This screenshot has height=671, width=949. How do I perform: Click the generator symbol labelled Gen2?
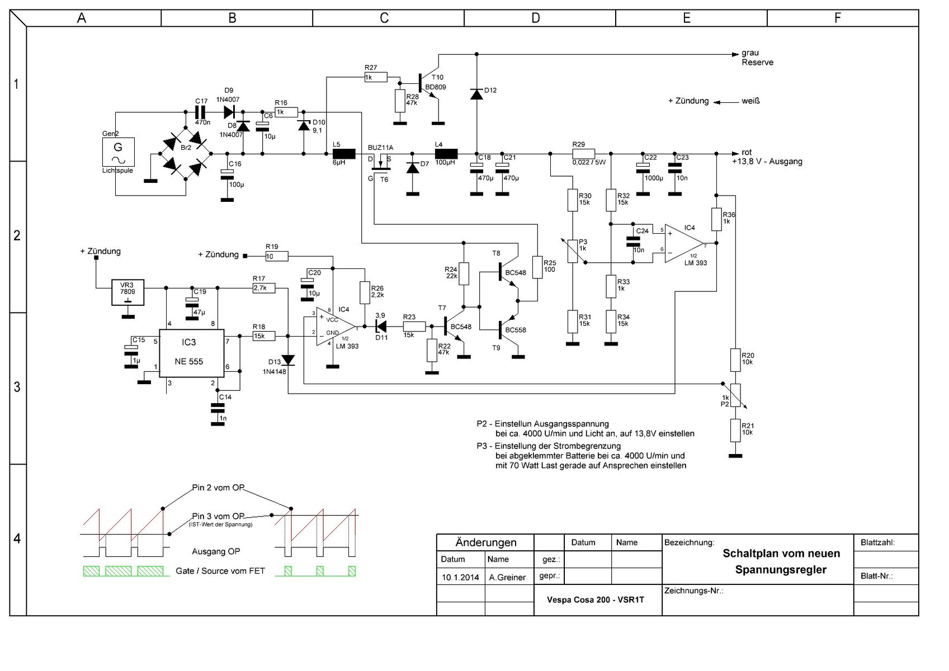[x=118, y=152]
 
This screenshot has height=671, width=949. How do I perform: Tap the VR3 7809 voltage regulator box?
[x=128, y=292]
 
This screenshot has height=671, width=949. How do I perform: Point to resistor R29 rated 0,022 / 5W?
[x=583, y=153]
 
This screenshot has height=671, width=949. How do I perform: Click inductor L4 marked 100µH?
[x=446, y=153]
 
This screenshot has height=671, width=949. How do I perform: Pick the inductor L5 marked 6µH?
[x=344, y=153]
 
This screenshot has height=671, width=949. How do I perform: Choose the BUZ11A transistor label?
[x=380, y=148]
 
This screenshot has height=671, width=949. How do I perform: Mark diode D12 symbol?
[x=476, y=94]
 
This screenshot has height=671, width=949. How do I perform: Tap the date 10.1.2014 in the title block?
[x=460, y=577]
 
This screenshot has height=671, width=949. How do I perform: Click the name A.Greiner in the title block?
[x=507, y=577]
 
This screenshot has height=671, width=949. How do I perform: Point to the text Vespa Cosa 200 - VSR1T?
[x=596, y=599]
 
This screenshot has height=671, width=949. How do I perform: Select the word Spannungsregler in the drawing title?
[x=781, y=570]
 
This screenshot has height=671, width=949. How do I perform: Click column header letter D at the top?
[x=536, y=18]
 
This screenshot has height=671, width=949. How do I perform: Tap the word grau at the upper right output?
[x=750, y=53]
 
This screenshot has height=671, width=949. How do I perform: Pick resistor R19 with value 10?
[x=277, y=256]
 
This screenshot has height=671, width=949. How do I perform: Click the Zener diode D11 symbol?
[x=382, y=326]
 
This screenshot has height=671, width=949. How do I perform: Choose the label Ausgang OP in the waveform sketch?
[x=216, y=552]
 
